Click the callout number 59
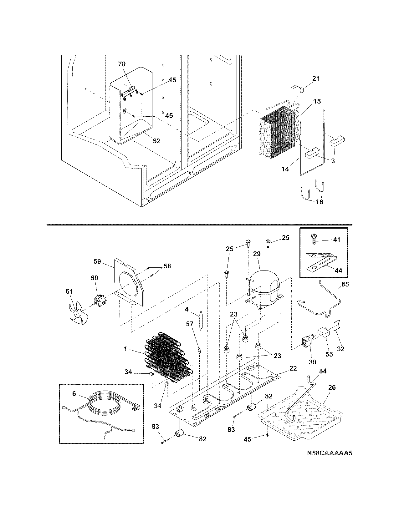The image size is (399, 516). [x=97, y=261]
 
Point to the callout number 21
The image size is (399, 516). [x=316, y=78]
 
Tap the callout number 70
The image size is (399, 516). [x=121, y=64]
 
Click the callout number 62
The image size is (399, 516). [x=156, y=141]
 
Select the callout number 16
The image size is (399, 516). [x=319, y=202]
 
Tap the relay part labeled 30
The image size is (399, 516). [x=306, y=343]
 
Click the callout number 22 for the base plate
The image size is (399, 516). [x=293, y=368]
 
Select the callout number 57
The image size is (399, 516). [x=190, y=324]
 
